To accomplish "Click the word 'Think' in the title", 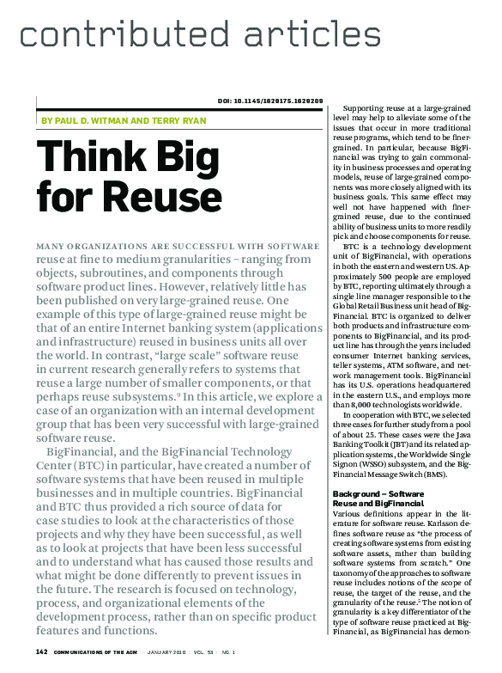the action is click(89, 161).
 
